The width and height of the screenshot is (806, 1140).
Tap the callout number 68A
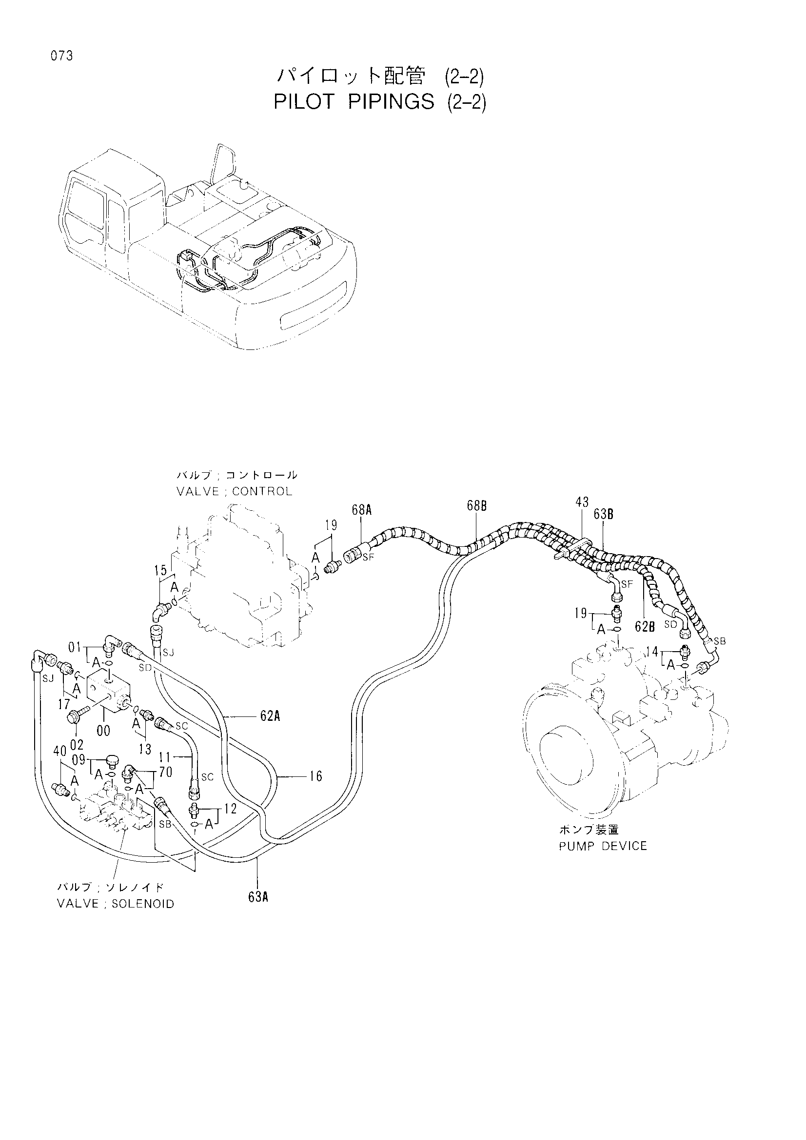(x=362, y=509)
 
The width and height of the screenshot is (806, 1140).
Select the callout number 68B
(x=476, y=506)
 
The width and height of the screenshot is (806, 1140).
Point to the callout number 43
(x=582, y=502)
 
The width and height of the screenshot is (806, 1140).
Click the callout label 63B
(x=603, y=514)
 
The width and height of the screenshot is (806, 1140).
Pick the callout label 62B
(x=645, y=627)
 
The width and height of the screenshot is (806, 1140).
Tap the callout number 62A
(x=270, y=715)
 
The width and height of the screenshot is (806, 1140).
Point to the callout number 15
(x=160, y=571)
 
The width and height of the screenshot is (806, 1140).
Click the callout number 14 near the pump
(x=652, y=652)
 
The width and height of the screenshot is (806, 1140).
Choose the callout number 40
(x=60, y=752)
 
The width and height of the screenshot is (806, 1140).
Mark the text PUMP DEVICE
(x=603, y=846)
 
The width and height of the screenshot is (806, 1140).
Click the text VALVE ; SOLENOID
(x=116, y=904)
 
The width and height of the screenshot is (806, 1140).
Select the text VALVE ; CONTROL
(x=235, y=492)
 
